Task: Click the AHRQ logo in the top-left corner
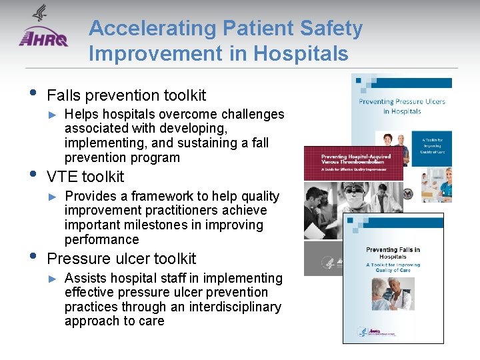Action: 43,33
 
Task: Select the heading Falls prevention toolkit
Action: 127,95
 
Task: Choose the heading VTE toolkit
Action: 85,177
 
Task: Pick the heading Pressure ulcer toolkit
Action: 121,259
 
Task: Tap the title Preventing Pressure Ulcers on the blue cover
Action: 402,107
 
